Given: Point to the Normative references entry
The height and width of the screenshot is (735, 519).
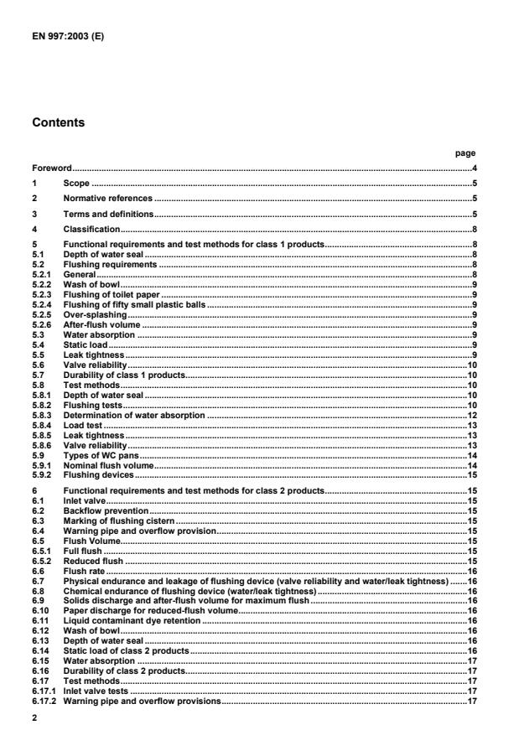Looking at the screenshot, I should (x=107, y=198).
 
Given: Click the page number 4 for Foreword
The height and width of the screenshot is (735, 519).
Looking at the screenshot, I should (x=474, y=168).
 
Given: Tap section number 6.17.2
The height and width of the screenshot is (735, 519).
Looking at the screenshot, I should (x=44, y=701).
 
